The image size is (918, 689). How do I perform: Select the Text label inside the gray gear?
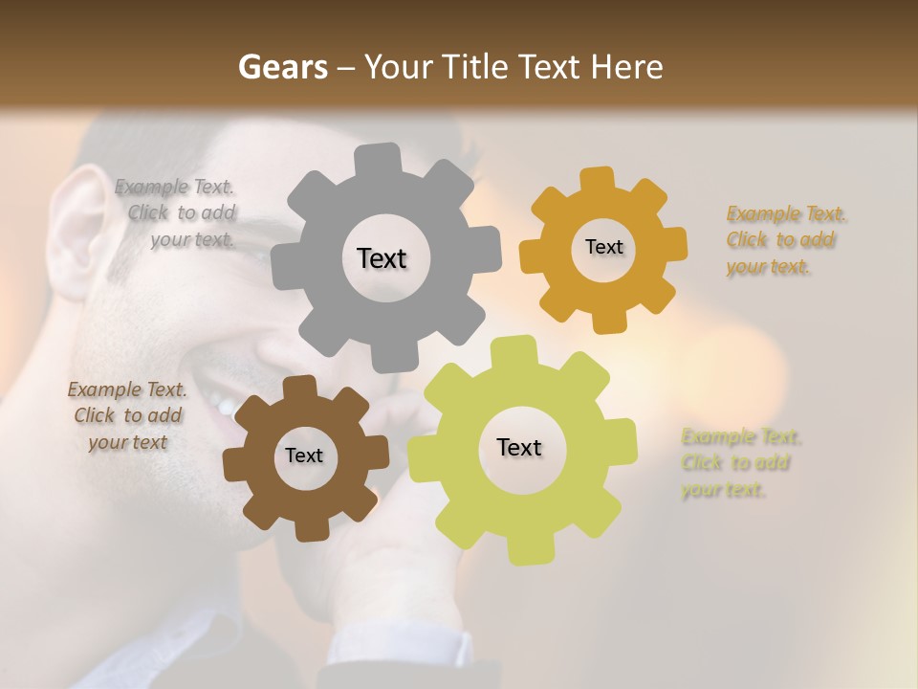coord(382,258)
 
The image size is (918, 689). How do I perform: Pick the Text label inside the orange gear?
coord(603,247)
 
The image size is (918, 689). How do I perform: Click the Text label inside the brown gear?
coord(304,456)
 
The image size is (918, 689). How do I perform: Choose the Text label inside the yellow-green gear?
coord(519,448)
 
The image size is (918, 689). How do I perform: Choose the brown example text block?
coord(128,415)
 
